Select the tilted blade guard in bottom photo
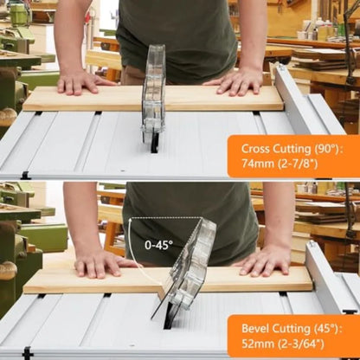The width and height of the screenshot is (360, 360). (x=185, y=265)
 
